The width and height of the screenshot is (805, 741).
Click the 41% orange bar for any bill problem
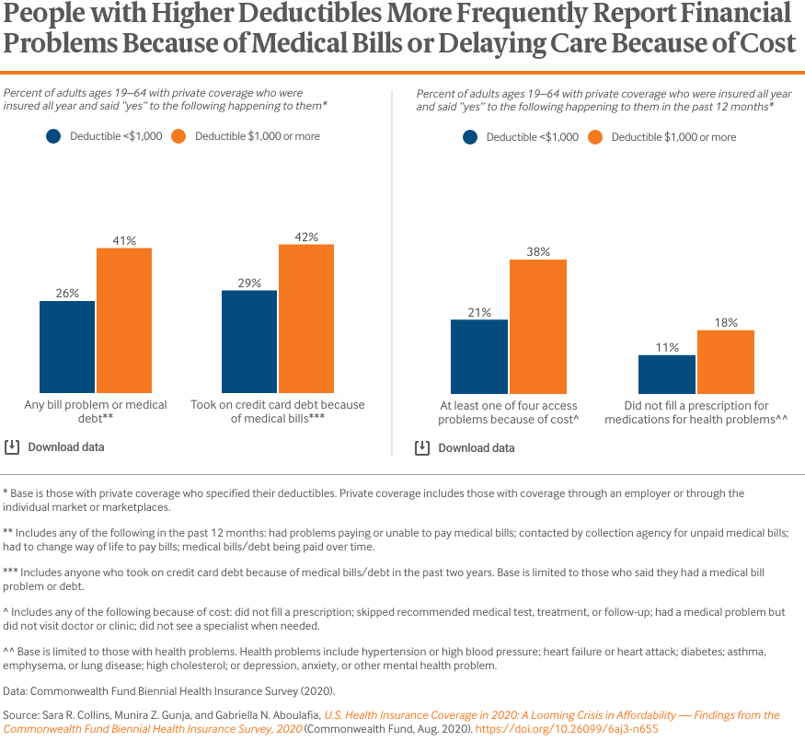pos(123,320)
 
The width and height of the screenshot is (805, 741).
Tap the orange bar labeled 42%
pos(305,318)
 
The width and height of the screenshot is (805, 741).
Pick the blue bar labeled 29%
pos(249,342)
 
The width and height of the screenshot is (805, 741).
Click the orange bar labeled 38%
pos(538,327)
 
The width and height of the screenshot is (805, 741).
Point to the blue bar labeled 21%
pos(478,356)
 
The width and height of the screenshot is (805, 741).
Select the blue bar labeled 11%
pos(667,375)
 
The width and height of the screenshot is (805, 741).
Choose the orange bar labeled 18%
pos(726,362)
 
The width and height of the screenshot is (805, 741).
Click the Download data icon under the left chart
pos(12,447)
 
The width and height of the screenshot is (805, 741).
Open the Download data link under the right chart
pos(476,448)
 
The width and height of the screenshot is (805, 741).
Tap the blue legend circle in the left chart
pos(54,136)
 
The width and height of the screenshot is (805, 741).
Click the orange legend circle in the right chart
pos(595,137)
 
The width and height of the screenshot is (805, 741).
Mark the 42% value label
pos(306,237)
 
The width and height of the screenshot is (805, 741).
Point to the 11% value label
pos(667,348)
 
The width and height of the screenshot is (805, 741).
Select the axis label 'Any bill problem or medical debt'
pos(96,411)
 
